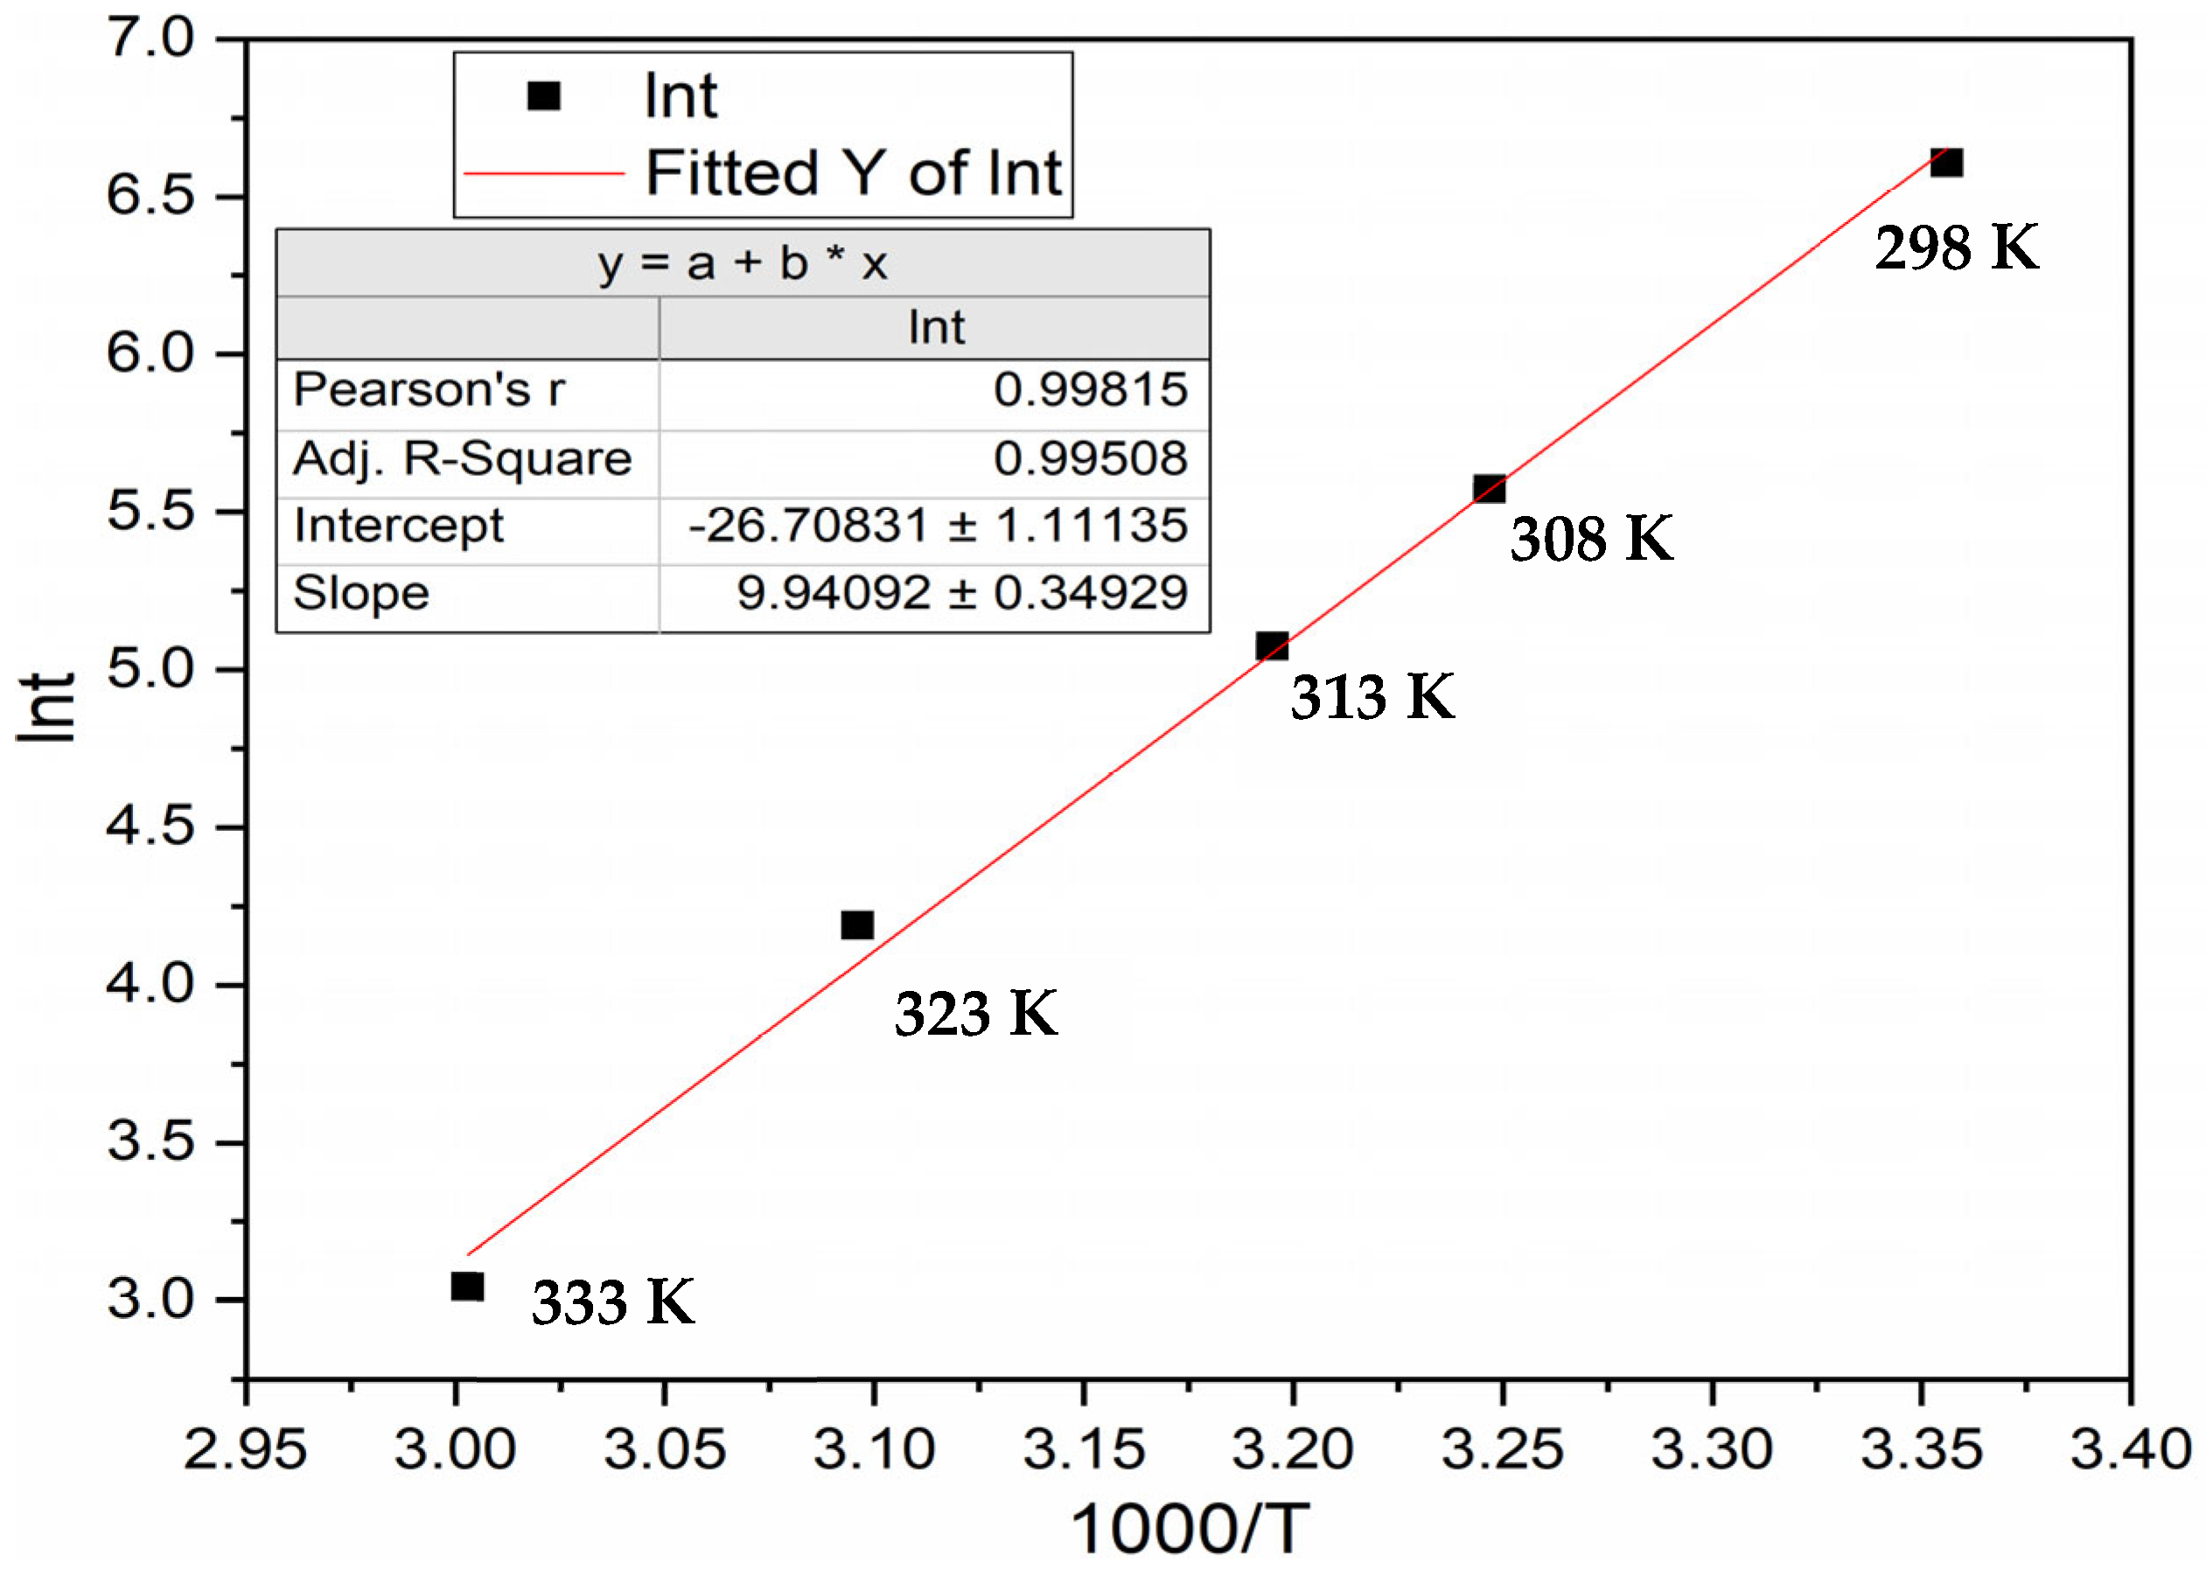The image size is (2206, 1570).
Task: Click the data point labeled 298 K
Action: point(1945,163)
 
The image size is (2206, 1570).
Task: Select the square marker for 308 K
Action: point(1489,489)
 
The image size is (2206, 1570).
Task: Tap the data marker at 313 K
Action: point(1271,645)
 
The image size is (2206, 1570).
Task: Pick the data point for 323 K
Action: point(856,925)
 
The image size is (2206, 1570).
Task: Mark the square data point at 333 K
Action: point(467,1287)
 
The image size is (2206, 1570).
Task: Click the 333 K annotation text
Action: point(613,1302)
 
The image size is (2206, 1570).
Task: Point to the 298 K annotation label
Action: point(1957,248)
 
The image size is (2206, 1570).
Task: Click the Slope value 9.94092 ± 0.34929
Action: point(961,593)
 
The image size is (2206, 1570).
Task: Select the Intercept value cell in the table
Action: point(937,526)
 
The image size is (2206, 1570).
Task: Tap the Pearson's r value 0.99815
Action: point(1090,389)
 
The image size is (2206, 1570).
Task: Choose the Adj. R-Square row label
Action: point(462,458)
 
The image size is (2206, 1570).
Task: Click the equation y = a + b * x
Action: point(742,263)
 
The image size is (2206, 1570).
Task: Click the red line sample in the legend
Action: point(544,174)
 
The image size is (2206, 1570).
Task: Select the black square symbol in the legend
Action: point(543,95)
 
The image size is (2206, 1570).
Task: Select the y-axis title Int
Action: point(46,707)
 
